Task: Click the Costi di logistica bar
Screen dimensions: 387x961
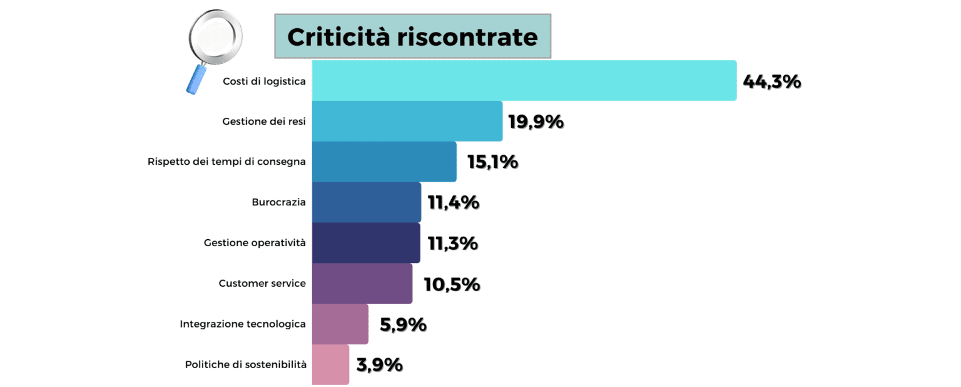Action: pyautogui.click(x=524, y=80)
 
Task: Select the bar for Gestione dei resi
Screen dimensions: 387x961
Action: pyautogui.click(x=407, y=121)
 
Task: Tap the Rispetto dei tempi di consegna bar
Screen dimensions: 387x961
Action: pyautogui.click(x=384, y=162)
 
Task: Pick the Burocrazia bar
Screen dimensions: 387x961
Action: pyautogui.click(x=366, y=202)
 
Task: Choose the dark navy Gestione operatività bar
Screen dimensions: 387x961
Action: pyautogui.click(x=365, y=243)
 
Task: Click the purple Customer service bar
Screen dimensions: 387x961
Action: pyautogui.click(x=362, y=284)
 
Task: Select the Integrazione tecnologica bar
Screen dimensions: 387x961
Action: pyautogui.click(x=340, y=324)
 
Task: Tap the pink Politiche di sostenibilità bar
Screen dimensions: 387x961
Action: pyautogui.click(x=330, y=364)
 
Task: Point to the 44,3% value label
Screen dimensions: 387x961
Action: pyautogui.click(x=771, y=81)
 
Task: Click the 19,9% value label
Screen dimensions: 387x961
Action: pyautogui.click(x=536, y=121)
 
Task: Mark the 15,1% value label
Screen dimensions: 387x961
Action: pyautogui.click(x=492, y=162)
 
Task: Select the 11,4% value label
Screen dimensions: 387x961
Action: pyautogui.click(x=453, y=202)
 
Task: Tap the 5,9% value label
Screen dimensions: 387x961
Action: pyautogui.click(x=403, y=324)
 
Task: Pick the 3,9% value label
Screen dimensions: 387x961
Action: pyautogui.click(x=379, y=364)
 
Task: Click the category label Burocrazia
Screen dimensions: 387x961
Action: pyautogui.click(x=278, y=202)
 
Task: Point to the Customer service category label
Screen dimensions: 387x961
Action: pyautogui.click(x=262, y=284)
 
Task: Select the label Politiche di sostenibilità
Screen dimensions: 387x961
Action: pyautogui.click(x=246, y=364)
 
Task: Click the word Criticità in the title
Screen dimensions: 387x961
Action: pyautogui.click(x=338, y=37)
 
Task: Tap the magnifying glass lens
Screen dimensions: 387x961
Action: pyautogui.click(x=216, y=36)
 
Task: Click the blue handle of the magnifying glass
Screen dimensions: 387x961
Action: pyautogui.click(x=196, y=79)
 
